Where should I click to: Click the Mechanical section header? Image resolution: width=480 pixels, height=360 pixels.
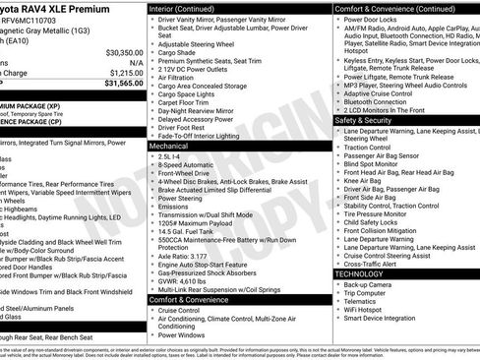pos(169,145)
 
